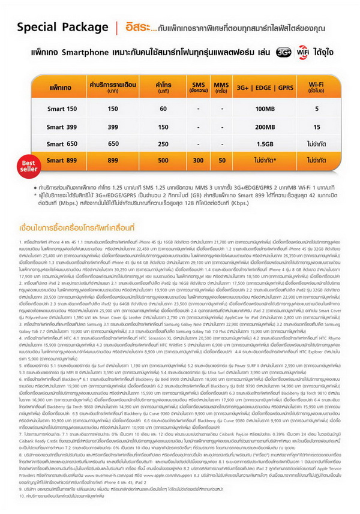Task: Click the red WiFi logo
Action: click(x=302, y=52)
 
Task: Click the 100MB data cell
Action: click(x=265, y=109)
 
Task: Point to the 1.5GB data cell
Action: click(x=265, y=144)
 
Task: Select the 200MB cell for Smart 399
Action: click(x=265, y=127)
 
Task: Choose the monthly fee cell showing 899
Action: click(x=113, y=161)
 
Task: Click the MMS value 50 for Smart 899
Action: click(x=222, y=161)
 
